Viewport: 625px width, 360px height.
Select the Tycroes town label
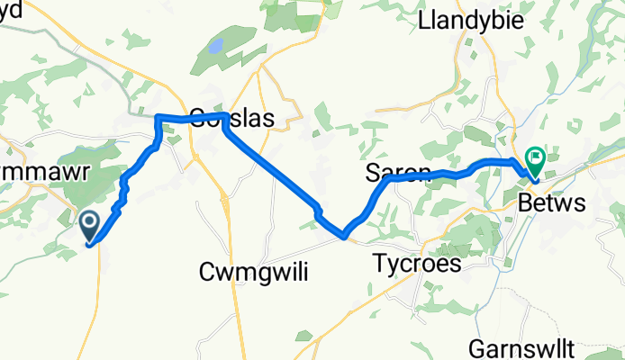[x=429, y=265]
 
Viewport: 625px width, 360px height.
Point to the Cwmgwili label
[x=252, y=273]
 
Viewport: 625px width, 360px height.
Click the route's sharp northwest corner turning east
[x=159, y=117]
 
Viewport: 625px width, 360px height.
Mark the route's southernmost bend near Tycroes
[x=344, y=237]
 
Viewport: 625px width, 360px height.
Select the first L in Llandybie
[x=423, y=22]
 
